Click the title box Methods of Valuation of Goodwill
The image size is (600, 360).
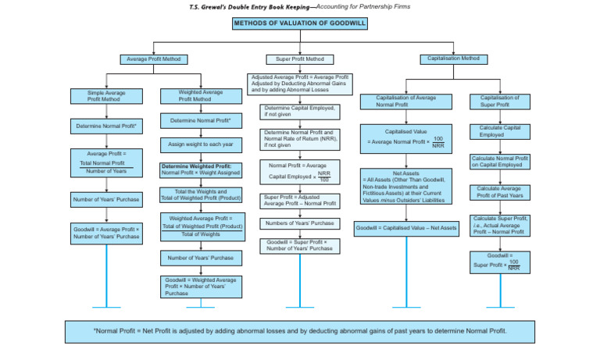(x=300, y=23)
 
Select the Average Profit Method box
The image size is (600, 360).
(x=153, y=59)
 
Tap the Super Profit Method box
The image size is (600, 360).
(x=300, y=59)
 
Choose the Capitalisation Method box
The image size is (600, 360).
(x=452, y=59)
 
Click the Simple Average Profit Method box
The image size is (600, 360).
(x=106, y=96)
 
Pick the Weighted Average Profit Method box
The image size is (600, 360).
(x=201, y=95)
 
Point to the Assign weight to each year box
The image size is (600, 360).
(x=201, y=144)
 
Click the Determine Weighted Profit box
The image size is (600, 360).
(x=201, y=169)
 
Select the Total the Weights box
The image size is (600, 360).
(x=201, y=194)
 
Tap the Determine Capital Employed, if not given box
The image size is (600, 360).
(x=299, y=111)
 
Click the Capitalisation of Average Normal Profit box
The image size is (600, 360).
(x=405, y=102)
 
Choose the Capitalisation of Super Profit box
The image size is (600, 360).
(x=500, y=102)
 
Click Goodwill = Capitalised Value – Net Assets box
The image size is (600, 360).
(x=405, y=228)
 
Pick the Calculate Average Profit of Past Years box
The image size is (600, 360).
(x=500, y=191)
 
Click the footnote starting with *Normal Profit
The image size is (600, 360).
(x=300, y=330)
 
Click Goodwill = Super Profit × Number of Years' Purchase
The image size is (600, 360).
(x=299, y=246)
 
